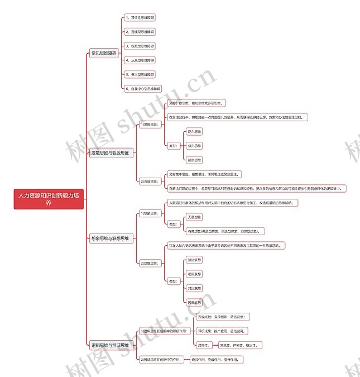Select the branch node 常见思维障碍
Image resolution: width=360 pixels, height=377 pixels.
point(104,53)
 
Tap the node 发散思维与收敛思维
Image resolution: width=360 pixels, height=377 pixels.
point(112,152)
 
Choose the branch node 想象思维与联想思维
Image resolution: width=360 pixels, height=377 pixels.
point(112,238)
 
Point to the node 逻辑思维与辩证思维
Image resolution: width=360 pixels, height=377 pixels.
point(112,346)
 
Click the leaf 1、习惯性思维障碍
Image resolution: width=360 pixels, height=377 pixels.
point(140,18)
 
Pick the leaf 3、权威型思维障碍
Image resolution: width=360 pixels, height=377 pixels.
point(140,46)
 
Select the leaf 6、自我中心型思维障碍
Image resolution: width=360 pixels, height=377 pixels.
point(142,88)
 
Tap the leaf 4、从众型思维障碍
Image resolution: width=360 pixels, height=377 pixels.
point(140,60)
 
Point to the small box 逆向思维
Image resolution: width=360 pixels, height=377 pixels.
point(194,131)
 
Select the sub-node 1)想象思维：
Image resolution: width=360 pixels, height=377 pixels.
point(149,213)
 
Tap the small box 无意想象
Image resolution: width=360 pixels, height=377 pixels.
point(194,217)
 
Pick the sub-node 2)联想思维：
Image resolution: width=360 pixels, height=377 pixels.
point(149,263)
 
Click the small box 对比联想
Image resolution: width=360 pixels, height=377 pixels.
point(194,288)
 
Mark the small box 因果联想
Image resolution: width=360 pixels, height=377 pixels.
point(194,302)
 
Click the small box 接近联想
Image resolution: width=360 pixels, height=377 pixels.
point(194,260)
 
